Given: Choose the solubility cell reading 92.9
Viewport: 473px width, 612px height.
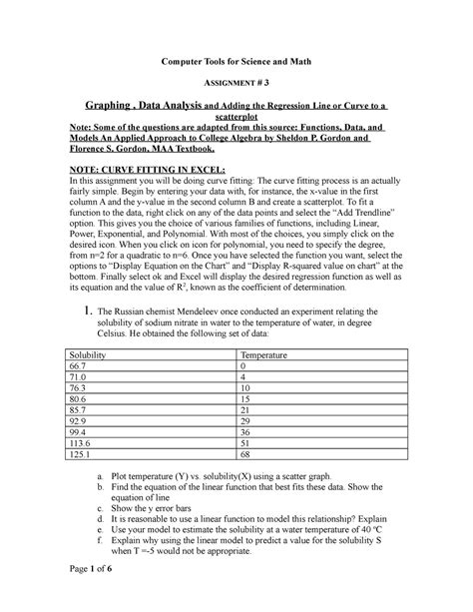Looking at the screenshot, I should click(74, 423).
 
